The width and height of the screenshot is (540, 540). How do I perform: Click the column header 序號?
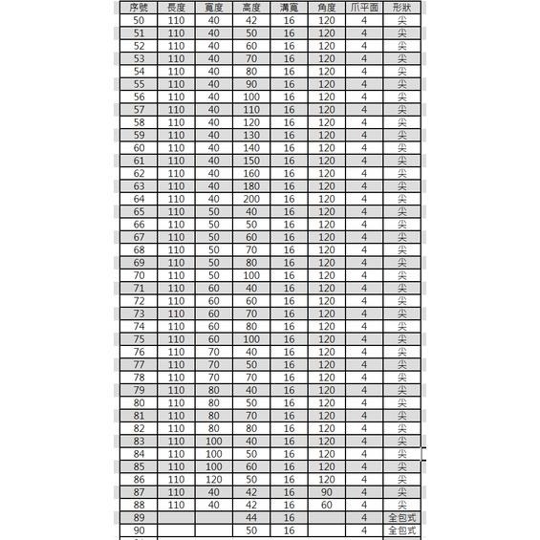click(x=140, y=7)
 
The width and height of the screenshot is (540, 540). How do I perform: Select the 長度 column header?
click(x=176, y=7)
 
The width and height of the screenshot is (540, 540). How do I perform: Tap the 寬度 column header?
click(x=213, y=7)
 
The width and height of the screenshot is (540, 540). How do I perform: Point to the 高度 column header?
click(x=251, y=7)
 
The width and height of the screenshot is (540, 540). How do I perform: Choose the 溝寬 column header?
click(x=289, y=7)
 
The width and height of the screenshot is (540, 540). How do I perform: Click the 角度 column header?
click(x=327, y=7)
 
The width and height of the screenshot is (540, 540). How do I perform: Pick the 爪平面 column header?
click(x=364, y=7)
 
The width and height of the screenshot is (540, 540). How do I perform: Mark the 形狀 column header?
click(x=402, y=7)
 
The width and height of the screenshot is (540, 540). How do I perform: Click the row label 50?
click(x=140, y=20)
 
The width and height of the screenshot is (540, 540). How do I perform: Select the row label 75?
click(x=140, y=339)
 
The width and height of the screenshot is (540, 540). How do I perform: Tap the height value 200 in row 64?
click(x=251, y=199)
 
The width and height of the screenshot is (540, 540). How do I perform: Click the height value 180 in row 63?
click(x=251, y=185)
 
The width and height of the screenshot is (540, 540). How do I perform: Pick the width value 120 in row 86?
click(x=213, y=479)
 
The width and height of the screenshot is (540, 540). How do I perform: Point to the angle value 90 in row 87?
click(x=327, y=492)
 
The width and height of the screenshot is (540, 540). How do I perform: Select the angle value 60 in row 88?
click(x=327, y=505)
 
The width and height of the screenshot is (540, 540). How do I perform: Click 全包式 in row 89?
click(x=402, y=517)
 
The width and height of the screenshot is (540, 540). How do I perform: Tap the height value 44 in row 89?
click(x=251, y=517)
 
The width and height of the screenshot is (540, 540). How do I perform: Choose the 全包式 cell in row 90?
click(x=402, y=530)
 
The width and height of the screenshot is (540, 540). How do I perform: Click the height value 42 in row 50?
click(x=251, y=20)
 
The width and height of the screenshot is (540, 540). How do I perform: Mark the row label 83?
click(x=140, y=441)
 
